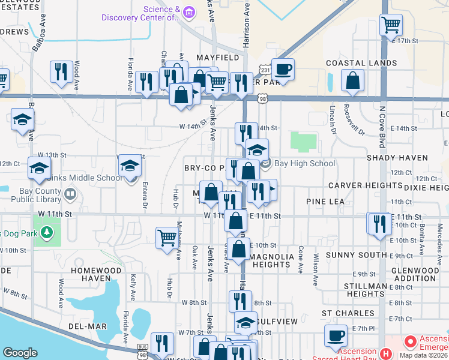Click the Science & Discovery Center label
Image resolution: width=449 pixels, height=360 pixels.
click(160, 13)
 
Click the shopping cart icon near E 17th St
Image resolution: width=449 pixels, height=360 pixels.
click(391, 25)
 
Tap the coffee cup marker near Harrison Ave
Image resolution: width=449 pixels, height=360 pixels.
click(283, 69)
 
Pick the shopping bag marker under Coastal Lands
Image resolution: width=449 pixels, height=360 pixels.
click(353, 80)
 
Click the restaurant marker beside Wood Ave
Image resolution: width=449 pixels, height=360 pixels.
click(61, 71)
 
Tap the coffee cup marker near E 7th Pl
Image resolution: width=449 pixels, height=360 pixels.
click(336, 335)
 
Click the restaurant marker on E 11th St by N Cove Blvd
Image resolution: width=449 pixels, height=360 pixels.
click(379, 224)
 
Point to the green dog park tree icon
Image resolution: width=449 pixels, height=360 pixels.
click(47, 232)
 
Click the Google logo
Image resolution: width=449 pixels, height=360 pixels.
click(20, 352)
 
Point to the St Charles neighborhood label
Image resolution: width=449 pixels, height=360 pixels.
click(343, 313)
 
